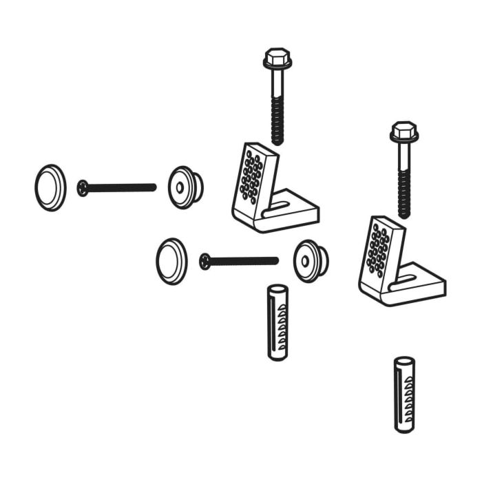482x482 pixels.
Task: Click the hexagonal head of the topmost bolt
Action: (277, 58)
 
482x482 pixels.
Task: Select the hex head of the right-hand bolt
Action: (404, 132)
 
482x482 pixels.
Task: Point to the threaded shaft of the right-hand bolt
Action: (404, 193)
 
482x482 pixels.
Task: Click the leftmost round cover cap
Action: (50, 187)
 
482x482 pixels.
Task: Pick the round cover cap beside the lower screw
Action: (171, 262)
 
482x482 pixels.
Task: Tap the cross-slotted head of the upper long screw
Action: (83, 187)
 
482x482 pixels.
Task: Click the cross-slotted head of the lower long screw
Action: (205, 261)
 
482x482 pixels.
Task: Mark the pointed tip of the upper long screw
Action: (154, 187)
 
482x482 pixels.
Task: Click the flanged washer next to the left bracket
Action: (185, 187)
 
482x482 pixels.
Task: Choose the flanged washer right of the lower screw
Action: (310, 261)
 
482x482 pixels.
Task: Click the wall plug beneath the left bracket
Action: (277, 322)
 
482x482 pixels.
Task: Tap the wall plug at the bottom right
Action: (404, 394)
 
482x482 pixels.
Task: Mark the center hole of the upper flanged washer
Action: (180, 187)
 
